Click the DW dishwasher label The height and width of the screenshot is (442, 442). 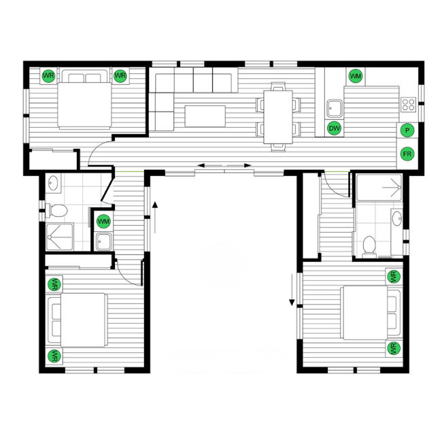(334, 129)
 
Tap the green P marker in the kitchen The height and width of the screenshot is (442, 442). (407, 129)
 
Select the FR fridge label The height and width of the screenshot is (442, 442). (407, 154)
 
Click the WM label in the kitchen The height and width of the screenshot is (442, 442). (355, 75)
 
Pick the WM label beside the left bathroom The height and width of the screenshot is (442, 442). (103, 221)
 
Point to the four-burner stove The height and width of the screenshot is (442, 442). (408, 104)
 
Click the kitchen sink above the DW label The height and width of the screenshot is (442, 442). (333, 107)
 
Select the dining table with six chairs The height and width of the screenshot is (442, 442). (277, 116)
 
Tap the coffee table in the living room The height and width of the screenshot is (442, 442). (205, 116)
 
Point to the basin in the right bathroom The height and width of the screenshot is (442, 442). (397, 220)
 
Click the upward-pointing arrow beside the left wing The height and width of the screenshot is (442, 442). (155, 207)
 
